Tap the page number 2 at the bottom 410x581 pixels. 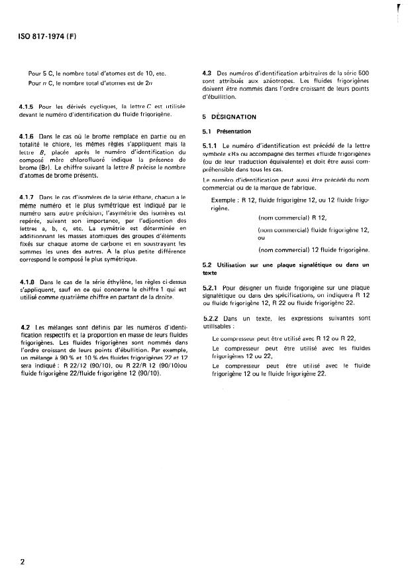[23, 562]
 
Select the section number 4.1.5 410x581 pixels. [28, 107]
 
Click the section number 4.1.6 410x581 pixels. [28, 137]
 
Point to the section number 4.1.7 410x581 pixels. [28, 198]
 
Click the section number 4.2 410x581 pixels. [25, 327]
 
